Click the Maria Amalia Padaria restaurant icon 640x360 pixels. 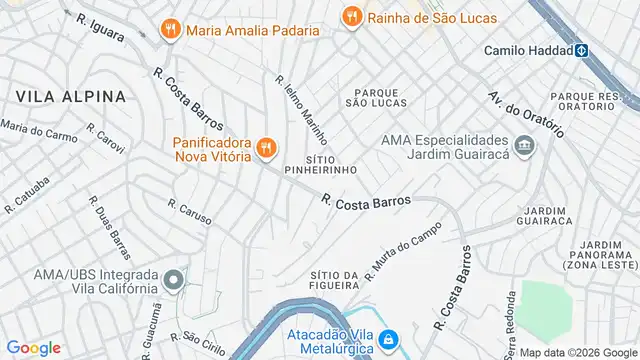click(171, 29)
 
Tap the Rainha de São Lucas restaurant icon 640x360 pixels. click(351, 16)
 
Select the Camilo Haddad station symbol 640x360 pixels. click(580, 50)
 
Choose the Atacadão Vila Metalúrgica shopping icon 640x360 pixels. click(386, 341)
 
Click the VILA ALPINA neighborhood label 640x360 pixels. click(70, 97)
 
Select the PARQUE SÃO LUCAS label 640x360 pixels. click(376, 96)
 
